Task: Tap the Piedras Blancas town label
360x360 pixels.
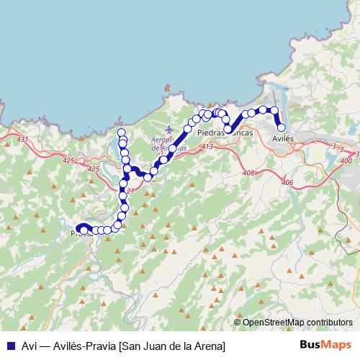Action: (x=225, y=133)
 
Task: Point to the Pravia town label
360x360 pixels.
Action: (x=82, y=234)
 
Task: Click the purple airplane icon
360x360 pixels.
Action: (x=169, y=130)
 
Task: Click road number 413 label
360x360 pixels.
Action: (x=207, y=147)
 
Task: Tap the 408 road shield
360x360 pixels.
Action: (x=249, y=173)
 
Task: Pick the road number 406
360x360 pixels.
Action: (x=287, y=183)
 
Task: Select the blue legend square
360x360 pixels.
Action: (x=10, y=345)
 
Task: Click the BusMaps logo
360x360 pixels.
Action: (x=325, y=345)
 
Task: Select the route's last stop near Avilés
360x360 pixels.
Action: (x=282, y=128)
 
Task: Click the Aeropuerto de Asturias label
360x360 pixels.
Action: (x=170, y=143)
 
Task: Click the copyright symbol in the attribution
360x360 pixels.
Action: (x=238, y=323)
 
